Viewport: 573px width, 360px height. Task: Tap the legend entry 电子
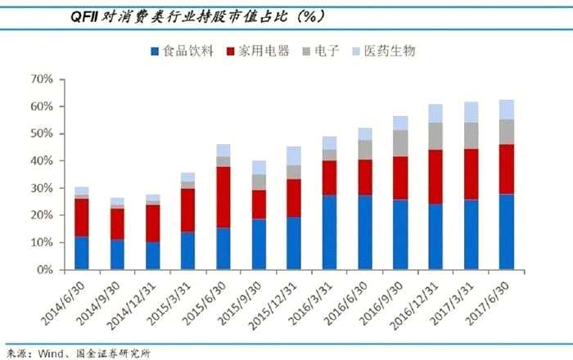pos(332,52)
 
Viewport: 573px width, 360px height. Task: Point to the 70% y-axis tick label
pos(41,79)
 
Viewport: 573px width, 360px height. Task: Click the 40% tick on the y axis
pos(41,161)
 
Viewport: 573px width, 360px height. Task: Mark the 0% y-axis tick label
pos(44,270)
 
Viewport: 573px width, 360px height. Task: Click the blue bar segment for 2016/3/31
pos(329,232)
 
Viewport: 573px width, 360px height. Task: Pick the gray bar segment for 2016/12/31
pos(435,137)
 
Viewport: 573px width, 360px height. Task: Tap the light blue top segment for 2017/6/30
pos(507,110)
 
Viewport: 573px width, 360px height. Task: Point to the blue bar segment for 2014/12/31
pos(152,255)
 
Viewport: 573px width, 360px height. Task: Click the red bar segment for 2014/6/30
pos(82,218)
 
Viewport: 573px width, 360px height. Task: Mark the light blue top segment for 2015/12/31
pos(294,155)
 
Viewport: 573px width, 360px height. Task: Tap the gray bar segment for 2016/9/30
pos(400,142)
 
